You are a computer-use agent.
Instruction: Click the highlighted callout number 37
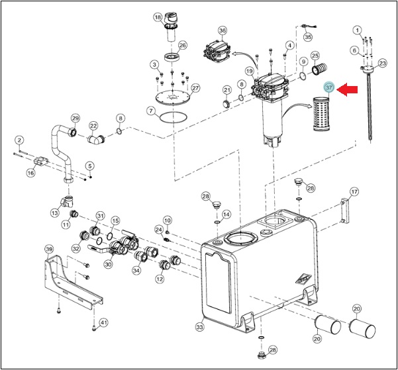coord(329,87)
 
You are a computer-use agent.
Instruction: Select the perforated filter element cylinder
coord(322,115)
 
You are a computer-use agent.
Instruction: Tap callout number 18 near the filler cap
coord(158,17)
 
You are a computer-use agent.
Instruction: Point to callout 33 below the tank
coord(200,327)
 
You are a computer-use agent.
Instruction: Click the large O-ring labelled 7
coord(174,117)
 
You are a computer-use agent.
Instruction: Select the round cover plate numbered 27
coord(172,97)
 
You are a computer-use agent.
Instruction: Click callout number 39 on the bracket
coord(49,249)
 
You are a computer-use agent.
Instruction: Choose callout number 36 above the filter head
coord(223,30)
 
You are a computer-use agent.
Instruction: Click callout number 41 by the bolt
coord(103,323)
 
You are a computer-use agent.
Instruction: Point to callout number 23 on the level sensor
coord(383,63)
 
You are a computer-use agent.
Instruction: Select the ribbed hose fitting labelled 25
coord(319,69)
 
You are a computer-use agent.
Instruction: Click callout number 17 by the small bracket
coord(354,191)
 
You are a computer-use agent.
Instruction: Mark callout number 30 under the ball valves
coord(108,264)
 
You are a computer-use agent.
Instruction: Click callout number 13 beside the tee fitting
coord(54,213)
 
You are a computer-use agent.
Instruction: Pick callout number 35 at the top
coord(308,37)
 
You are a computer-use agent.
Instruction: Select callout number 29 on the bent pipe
coord(75,118)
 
